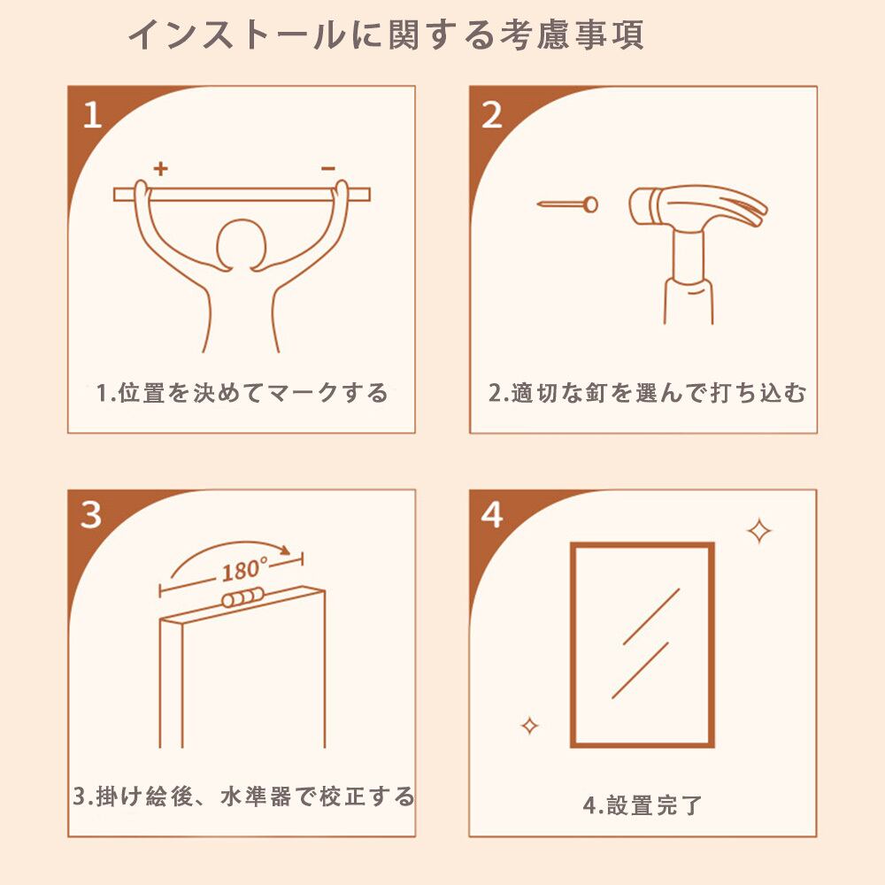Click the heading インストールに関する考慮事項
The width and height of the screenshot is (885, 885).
point(386,35)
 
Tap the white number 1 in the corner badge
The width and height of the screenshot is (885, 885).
point(93,115)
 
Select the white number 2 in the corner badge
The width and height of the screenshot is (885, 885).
point(491,115)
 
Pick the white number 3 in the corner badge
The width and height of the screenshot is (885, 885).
point(91,515)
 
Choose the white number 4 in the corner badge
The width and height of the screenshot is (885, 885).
point(491,515)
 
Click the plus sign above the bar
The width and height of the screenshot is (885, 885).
point(161,168)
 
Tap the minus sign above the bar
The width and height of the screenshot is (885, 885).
point(328,168)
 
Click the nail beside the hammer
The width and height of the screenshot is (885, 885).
point(567,204)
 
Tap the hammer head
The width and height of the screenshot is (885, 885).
point(698,207)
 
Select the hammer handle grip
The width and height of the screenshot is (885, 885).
point(689,301)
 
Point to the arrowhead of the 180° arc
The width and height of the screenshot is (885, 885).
point(286,550)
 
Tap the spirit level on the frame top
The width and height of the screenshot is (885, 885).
point(242,597)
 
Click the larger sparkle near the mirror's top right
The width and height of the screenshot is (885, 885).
point(759,531)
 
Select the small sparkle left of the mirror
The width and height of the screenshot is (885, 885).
point(529,726)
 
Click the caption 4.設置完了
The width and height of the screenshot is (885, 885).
point(643,804)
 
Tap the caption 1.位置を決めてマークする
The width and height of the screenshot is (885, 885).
point(242,393)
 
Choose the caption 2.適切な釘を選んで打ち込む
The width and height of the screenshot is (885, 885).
point(647,393)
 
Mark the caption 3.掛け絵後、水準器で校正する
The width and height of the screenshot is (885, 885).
point(243,796)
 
